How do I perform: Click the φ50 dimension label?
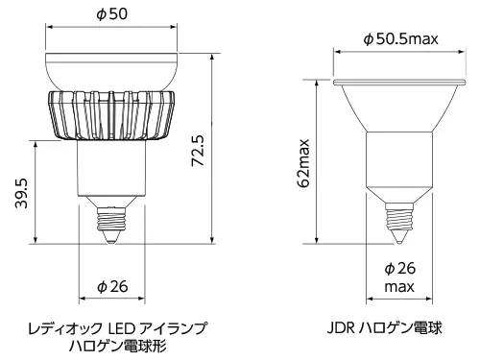111,14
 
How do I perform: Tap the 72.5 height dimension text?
198,151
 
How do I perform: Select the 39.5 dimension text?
21,194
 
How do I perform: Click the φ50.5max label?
400,39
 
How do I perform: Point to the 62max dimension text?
303,163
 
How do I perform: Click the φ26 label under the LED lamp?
112,286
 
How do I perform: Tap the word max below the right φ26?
399,286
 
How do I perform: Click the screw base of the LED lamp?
111,219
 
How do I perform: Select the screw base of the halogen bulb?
399,216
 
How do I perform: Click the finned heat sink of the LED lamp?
111,115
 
